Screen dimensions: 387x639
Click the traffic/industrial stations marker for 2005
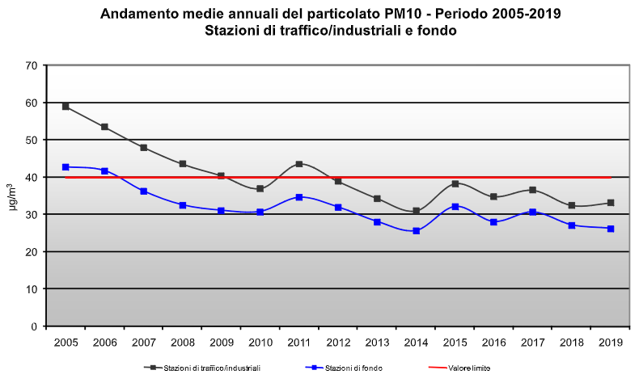(x=66, y=107)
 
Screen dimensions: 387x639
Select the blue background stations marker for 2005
(x=66, y=167)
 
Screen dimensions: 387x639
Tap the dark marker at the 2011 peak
(x=299, y=164)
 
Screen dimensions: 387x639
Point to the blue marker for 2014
(x=417, y=231)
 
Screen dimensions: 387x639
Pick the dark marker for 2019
(x=611, y=203)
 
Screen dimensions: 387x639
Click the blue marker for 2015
(x=455, y=207)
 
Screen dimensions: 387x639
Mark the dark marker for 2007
(x=143, y=148)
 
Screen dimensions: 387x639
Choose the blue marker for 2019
(x=611, y=229)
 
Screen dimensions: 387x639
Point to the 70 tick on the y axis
(x=32, y=65)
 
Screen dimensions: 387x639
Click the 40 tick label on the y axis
(x=32, y=177)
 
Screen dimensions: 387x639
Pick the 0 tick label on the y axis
(x=35, y=326)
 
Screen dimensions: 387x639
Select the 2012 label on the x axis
(x=338, y=343)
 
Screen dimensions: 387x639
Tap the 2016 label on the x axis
(x=494, y=343)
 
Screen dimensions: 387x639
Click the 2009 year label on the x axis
(x=221, y=343)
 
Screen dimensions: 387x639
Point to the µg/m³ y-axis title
(x=14, y=196)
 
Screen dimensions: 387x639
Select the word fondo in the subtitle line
(x=438, y=32)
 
